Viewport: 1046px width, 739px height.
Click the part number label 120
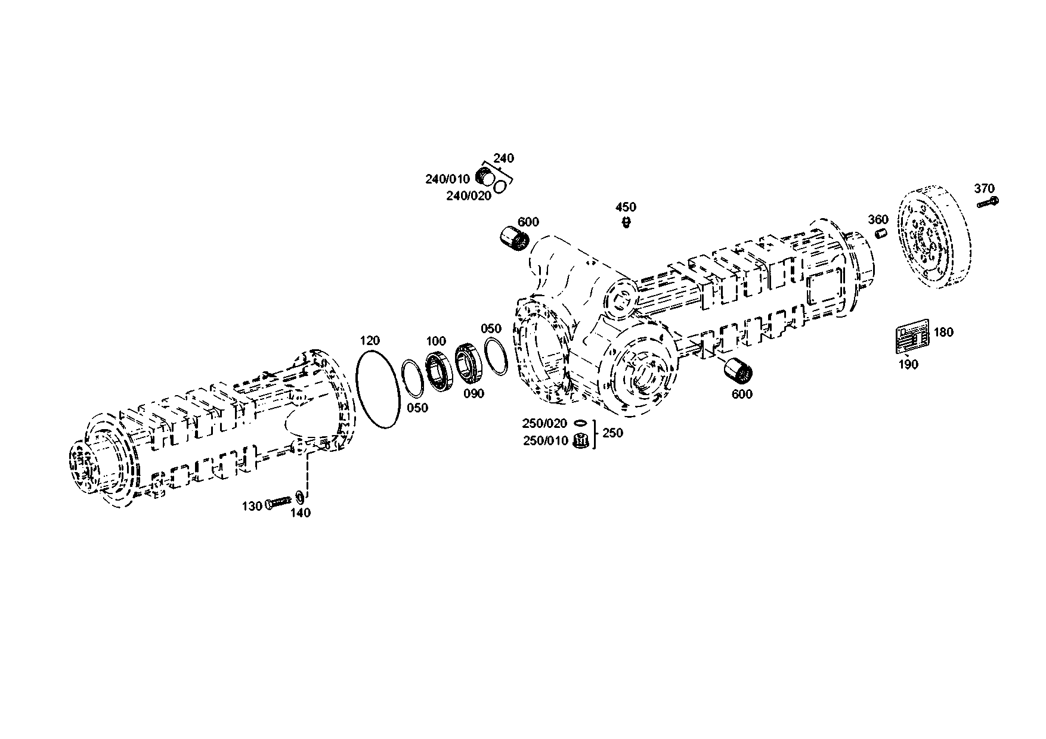click(370, 341)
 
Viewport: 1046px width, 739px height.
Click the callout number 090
click(474, 393)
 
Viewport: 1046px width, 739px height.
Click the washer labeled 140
click(299, 497)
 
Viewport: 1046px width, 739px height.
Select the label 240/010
click(447, 179)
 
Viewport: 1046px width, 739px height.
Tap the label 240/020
click(469, 195)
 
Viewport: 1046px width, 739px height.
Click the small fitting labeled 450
click(626, 222)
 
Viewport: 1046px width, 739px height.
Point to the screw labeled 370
click(987, 203)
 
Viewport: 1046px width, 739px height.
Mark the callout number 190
click(908, 365)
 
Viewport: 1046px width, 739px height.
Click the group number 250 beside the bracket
click(612, 433)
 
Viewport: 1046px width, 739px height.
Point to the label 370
click(985, 188)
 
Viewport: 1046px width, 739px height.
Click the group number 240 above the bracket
click(503, 159)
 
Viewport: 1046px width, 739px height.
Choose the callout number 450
click(626, 207)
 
